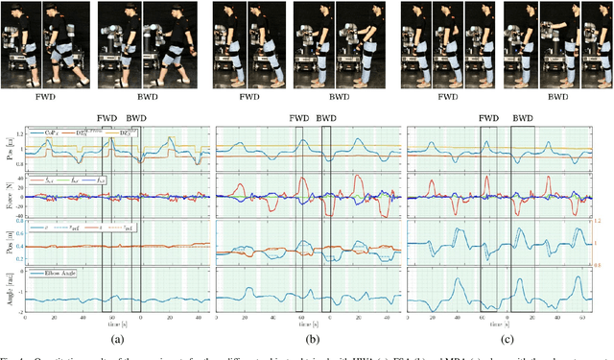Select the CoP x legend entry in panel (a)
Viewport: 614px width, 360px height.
click(x=42, y=132)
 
